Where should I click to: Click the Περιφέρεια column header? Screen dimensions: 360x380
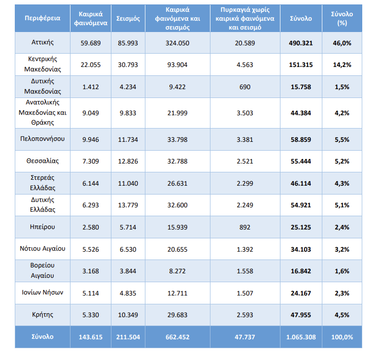(x=43, y=18)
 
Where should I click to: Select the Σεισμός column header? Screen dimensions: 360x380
(x=128, y=18)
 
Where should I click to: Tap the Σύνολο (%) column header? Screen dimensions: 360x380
(x=342, y=18)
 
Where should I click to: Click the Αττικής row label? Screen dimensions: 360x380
(x=43, y=43)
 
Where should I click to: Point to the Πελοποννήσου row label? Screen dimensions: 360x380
(x=43, y=139)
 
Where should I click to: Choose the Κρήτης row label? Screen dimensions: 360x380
(x=43, y=314)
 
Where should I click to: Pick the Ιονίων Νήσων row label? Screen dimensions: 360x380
(x=43, y=293)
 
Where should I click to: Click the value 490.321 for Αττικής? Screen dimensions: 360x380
(x=301, y=43)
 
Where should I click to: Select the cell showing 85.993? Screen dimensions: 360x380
(x=128, y=43)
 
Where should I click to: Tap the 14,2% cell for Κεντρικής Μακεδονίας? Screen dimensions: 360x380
(x=342, y=64)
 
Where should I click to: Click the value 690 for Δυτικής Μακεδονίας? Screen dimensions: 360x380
(x=245, y=87)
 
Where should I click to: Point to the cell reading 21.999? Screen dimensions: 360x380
(x=178, y=113)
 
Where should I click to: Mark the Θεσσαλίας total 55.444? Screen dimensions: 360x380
(x=301, y=161)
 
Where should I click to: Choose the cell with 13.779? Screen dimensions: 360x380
(x=128, y=204)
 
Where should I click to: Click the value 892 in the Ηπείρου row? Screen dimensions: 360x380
(x=245, y=227)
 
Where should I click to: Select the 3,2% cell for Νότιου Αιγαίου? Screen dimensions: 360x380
(x=342, y=249)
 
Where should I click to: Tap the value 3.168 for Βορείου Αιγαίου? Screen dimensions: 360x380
(x=91, y=271)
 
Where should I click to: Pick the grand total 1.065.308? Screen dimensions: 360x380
(x=301, y=337)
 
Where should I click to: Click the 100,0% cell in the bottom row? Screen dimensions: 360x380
(x=342, y=337)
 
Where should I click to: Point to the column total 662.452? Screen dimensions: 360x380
(x=178, y=337)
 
